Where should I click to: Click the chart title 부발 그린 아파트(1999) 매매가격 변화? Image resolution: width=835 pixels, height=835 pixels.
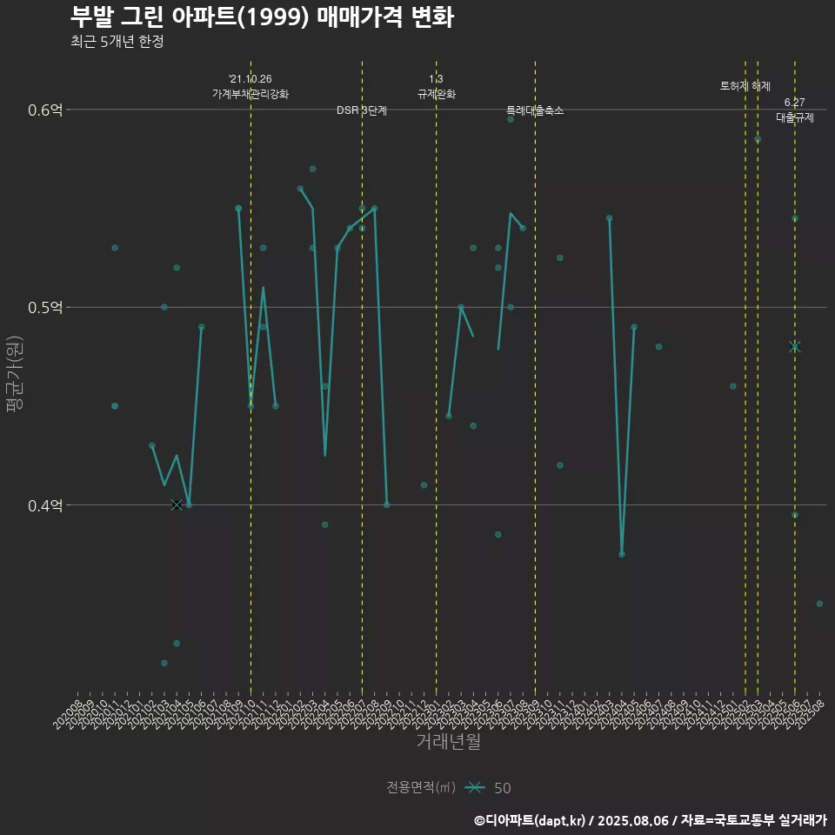tap(261, 17)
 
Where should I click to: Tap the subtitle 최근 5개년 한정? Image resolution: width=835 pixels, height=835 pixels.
tap(117, 42)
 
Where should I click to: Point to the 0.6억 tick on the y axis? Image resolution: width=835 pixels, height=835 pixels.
tap(44, 110)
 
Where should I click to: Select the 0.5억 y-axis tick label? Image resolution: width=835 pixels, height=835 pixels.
tap(44, 308)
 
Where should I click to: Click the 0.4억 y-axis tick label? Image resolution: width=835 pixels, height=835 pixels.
tap(44, 505)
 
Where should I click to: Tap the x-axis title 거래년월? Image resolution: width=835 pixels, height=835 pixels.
tap(448, 741)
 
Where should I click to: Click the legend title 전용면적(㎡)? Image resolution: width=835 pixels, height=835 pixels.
tap(421, 788)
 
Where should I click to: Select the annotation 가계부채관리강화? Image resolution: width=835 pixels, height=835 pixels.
tap(250, 93)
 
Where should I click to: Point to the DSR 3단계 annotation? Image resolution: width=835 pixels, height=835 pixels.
tap(362, 110)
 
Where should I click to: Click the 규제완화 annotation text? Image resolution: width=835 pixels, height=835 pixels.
tap(437, 94)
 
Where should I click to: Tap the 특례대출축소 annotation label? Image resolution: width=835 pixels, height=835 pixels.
tap(535, 110)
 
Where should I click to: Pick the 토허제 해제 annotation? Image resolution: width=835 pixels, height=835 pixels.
tap(745, 86)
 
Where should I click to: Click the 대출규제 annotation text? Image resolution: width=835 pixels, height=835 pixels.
tap(795, 117)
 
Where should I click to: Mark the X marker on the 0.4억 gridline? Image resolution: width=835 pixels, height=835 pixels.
tap(177, 504)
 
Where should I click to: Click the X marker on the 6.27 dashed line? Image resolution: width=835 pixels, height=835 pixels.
tap(794, 347)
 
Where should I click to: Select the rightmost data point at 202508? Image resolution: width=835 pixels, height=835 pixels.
tap(819, 604)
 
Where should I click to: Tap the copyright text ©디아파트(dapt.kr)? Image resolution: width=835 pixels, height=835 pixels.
tap(531, 820)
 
